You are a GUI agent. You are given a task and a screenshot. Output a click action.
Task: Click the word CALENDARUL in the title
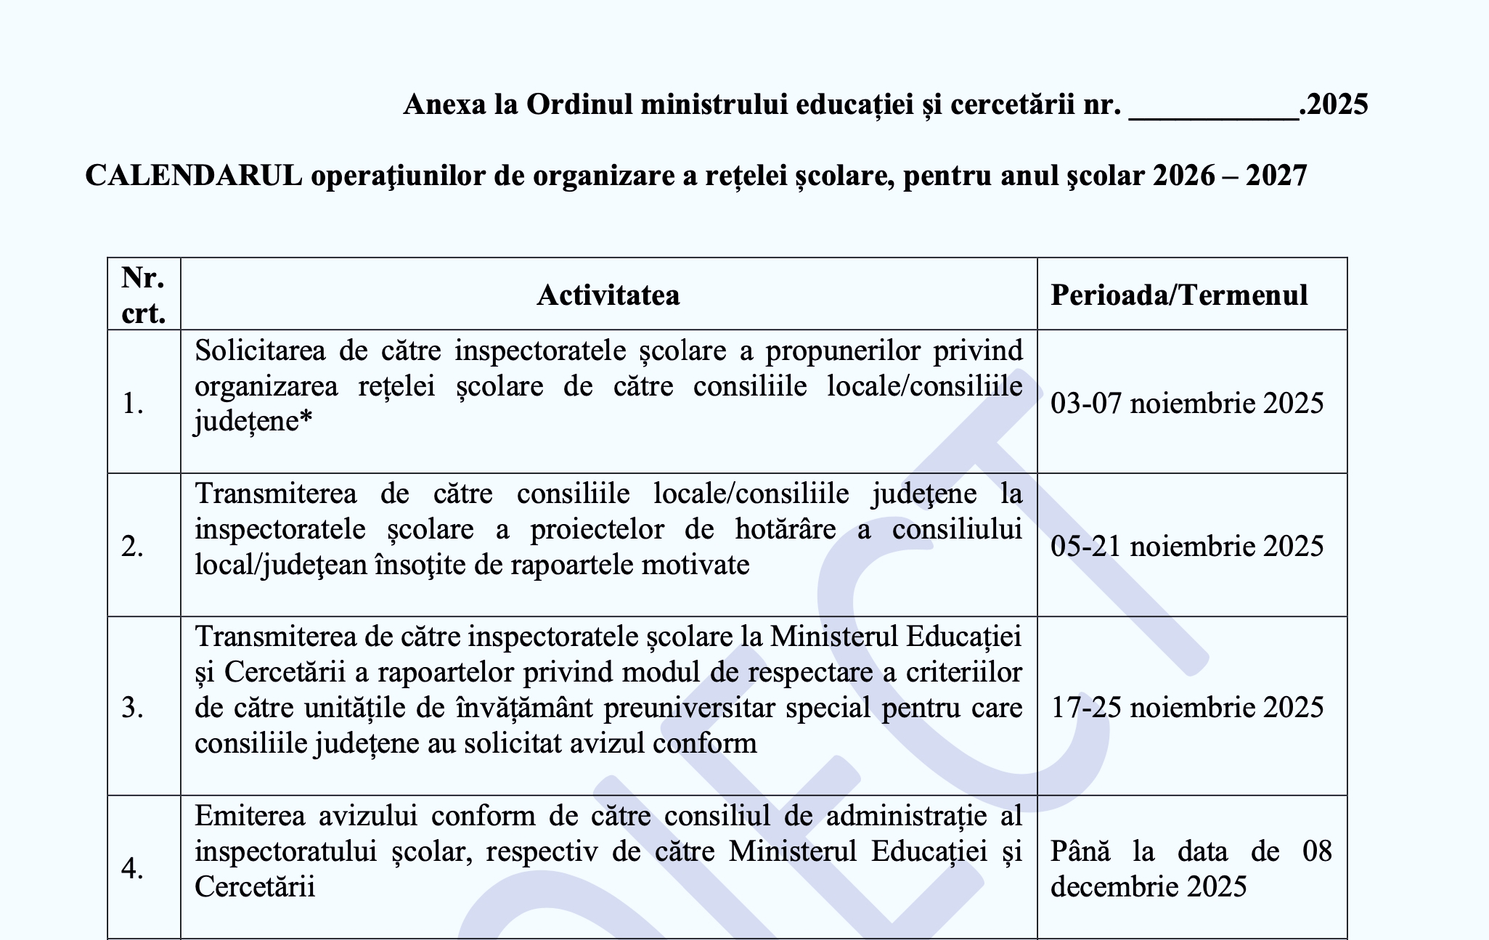coord(194,176)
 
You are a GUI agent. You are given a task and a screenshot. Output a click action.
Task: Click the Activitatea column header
coord(608,295)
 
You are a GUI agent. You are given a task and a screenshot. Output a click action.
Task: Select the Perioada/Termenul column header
coord(1179,295)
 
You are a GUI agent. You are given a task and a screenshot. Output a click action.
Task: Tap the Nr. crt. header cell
coord(144,295)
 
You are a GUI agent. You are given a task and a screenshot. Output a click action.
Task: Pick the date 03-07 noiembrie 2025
coord(1187,403)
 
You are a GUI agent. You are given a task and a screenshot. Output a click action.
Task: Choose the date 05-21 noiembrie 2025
coord(1187,546)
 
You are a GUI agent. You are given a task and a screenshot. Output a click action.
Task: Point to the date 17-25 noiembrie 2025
coord(1187,707)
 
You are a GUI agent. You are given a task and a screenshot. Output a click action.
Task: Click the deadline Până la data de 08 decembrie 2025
coord(1191,869)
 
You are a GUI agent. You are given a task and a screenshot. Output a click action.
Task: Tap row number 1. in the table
coord(133,404)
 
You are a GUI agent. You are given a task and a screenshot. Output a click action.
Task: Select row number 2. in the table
coord(133,547)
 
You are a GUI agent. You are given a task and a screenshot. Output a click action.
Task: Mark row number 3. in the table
coord(133,708)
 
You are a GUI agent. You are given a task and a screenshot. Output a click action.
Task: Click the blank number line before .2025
coord(1213,109)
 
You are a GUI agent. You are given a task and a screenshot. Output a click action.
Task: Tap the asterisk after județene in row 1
coord(307,419)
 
